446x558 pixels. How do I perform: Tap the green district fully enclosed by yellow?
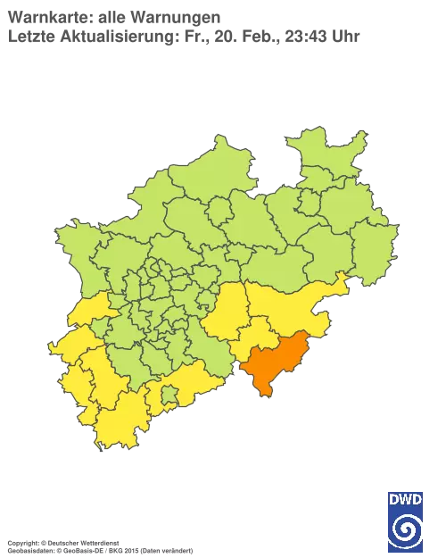(168, 393)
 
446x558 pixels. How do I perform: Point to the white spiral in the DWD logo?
(406, 529)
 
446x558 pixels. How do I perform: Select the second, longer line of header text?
(183, 36)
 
